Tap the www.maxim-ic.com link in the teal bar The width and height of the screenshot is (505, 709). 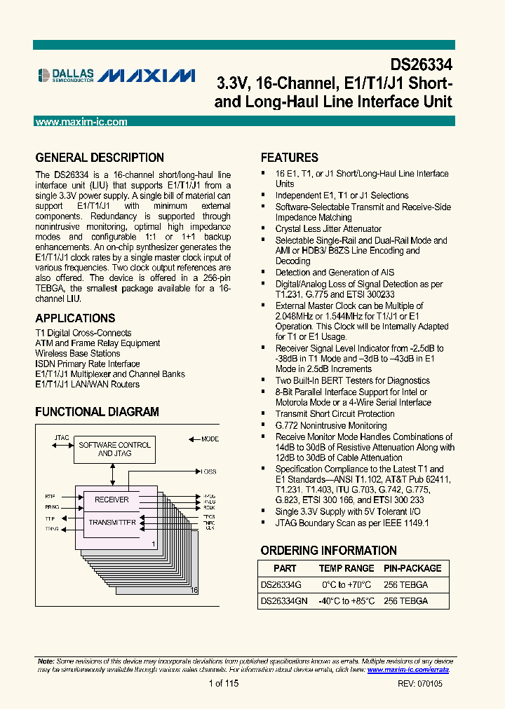tap(81, 122)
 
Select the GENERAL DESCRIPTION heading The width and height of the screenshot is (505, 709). tap(100, 158)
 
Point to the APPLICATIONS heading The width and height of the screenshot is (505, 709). tap(75, 318)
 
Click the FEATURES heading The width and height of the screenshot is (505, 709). tap(290, 158)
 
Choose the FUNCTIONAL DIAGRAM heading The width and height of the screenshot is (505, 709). tap(97, 412)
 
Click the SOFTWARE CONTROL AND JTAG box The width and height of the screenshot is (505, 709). tap(114, 449)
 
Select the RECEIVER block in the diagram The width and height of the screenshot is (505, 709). tap(112, 500)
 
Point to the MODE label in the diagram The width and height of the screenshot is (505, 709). tap(210, 439)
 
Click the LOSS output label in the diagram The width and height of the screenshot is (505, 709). tap(208, 471)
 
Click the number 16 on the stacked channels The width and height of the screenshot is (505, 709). tap(194, 591)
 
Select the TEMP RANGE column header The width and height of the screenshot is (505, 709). tap(346, 568)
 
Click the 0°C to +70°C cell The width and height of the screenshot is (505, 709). tap(346, 584)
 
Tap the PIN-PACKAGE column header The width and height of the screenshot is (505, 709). tap(412, 568)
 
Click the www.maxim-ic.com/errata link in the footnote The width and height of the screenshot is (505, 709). tap(408, 670)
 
